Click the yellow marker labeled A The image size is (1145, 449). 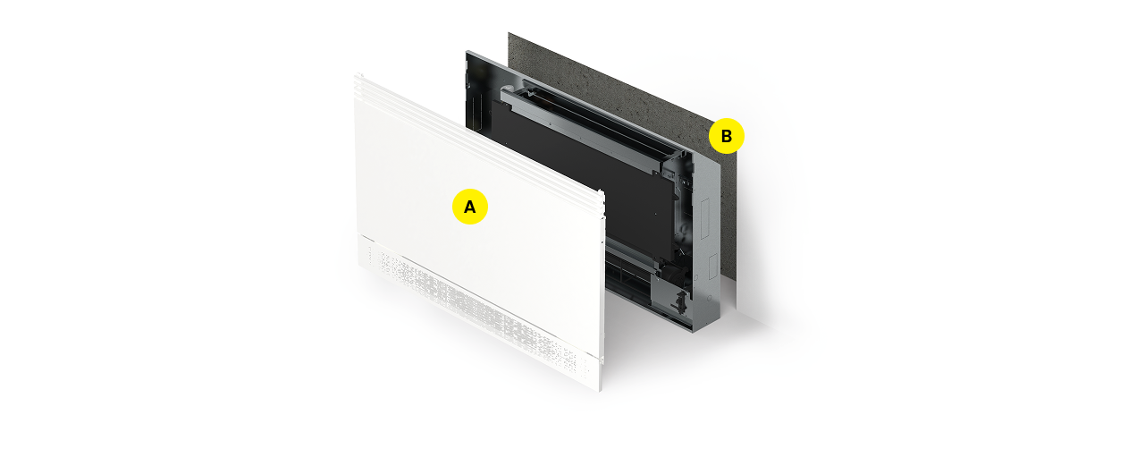pyautogui.click(x=470, y=207)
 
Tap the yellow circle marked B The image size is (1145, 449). pyautogui.click(x=726, y=136)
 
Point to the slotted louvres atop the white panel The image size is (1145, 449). pyautogui.click(x=478, y=138)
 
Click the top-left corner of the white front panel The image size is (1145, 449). pyautogui.click(x=355, y=75)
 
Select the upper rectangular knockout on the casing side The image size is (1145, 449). pyautogui.click(x=705, y=220)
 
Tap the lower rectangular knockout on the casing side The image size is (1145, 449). pyautogui.click(x=713, y=267)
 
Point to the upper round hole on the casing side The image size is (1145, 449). pyautogui.click(x=695, y=277)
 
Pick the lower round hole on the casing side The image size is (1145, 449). pyautogui.click(x=710, y=298)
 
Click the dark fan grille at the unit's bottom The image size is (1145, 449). pyautogui.click(x=627, y=276)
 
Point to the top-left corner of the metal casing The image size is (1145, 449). pyautogui.click(x=467, y=51)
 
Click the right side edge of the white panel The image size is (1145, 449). pyautogui.click(x=602, y=292)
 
